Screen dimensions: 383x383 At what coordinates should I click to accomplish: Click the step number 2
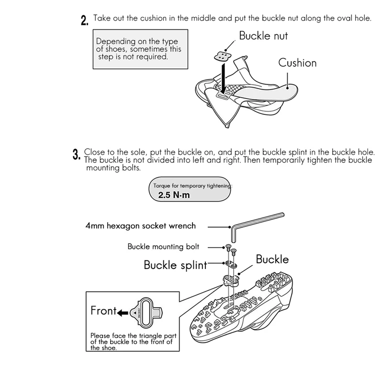click(x=84, y=21)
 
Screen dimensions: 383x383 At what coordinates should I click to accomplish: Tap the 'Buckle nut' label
click(x=263, y=36)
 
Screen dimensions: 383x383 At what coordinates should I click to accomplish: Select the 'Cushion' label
click(x=297, y=63)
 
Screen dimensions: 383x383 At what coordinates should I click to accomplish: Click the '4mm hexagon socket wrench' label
click(x=140, y=225)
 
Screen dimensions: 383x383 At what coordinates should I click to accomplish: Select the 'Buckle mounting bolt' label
click(x=163, y=247)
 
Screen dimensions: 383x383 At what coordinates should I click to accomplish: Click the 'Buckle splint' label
click(x=175, y=265)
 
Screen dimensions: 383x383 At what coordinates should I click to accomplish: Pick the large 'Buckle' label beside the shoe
click(x=272, y=259)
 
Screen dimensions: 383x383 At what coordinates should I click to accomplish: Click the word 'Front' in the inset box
click(x=103, y=311)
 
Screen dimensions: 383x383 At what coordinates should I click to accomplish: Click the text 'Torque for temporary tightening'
click(x=192, y=185)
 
